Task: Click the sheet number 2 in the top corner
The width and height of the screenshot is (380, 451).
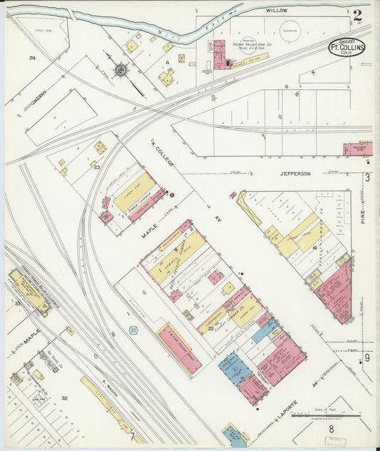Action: tap(356, 14)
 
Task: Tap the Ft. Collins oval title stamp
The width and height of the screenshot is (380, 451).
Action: tap(347, 47)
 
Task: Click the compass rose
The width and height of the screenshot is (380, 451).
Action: tap(121, 69)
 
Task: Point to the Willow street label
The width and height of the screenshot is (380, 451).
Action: tap(276, 11)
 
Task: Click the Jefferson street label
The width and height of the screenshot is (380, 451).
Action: tap(295, 173)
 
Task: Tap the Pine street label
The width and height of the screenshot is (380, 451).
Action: tap(363, 212)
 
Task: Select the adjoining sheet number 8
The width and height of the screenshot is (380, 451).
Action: tap(332, 430)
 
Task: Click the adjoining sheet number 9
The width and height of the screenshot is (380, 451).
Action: tap(367, 358)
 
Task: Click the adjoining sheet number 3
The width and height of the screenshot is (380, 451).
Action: tap(367, 177)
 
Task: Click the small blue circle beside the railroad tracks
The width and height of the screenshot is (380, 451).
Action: tap(133, 330)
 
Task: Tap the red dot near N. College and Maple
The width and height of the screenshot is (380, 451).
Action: tap(170, 193)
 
